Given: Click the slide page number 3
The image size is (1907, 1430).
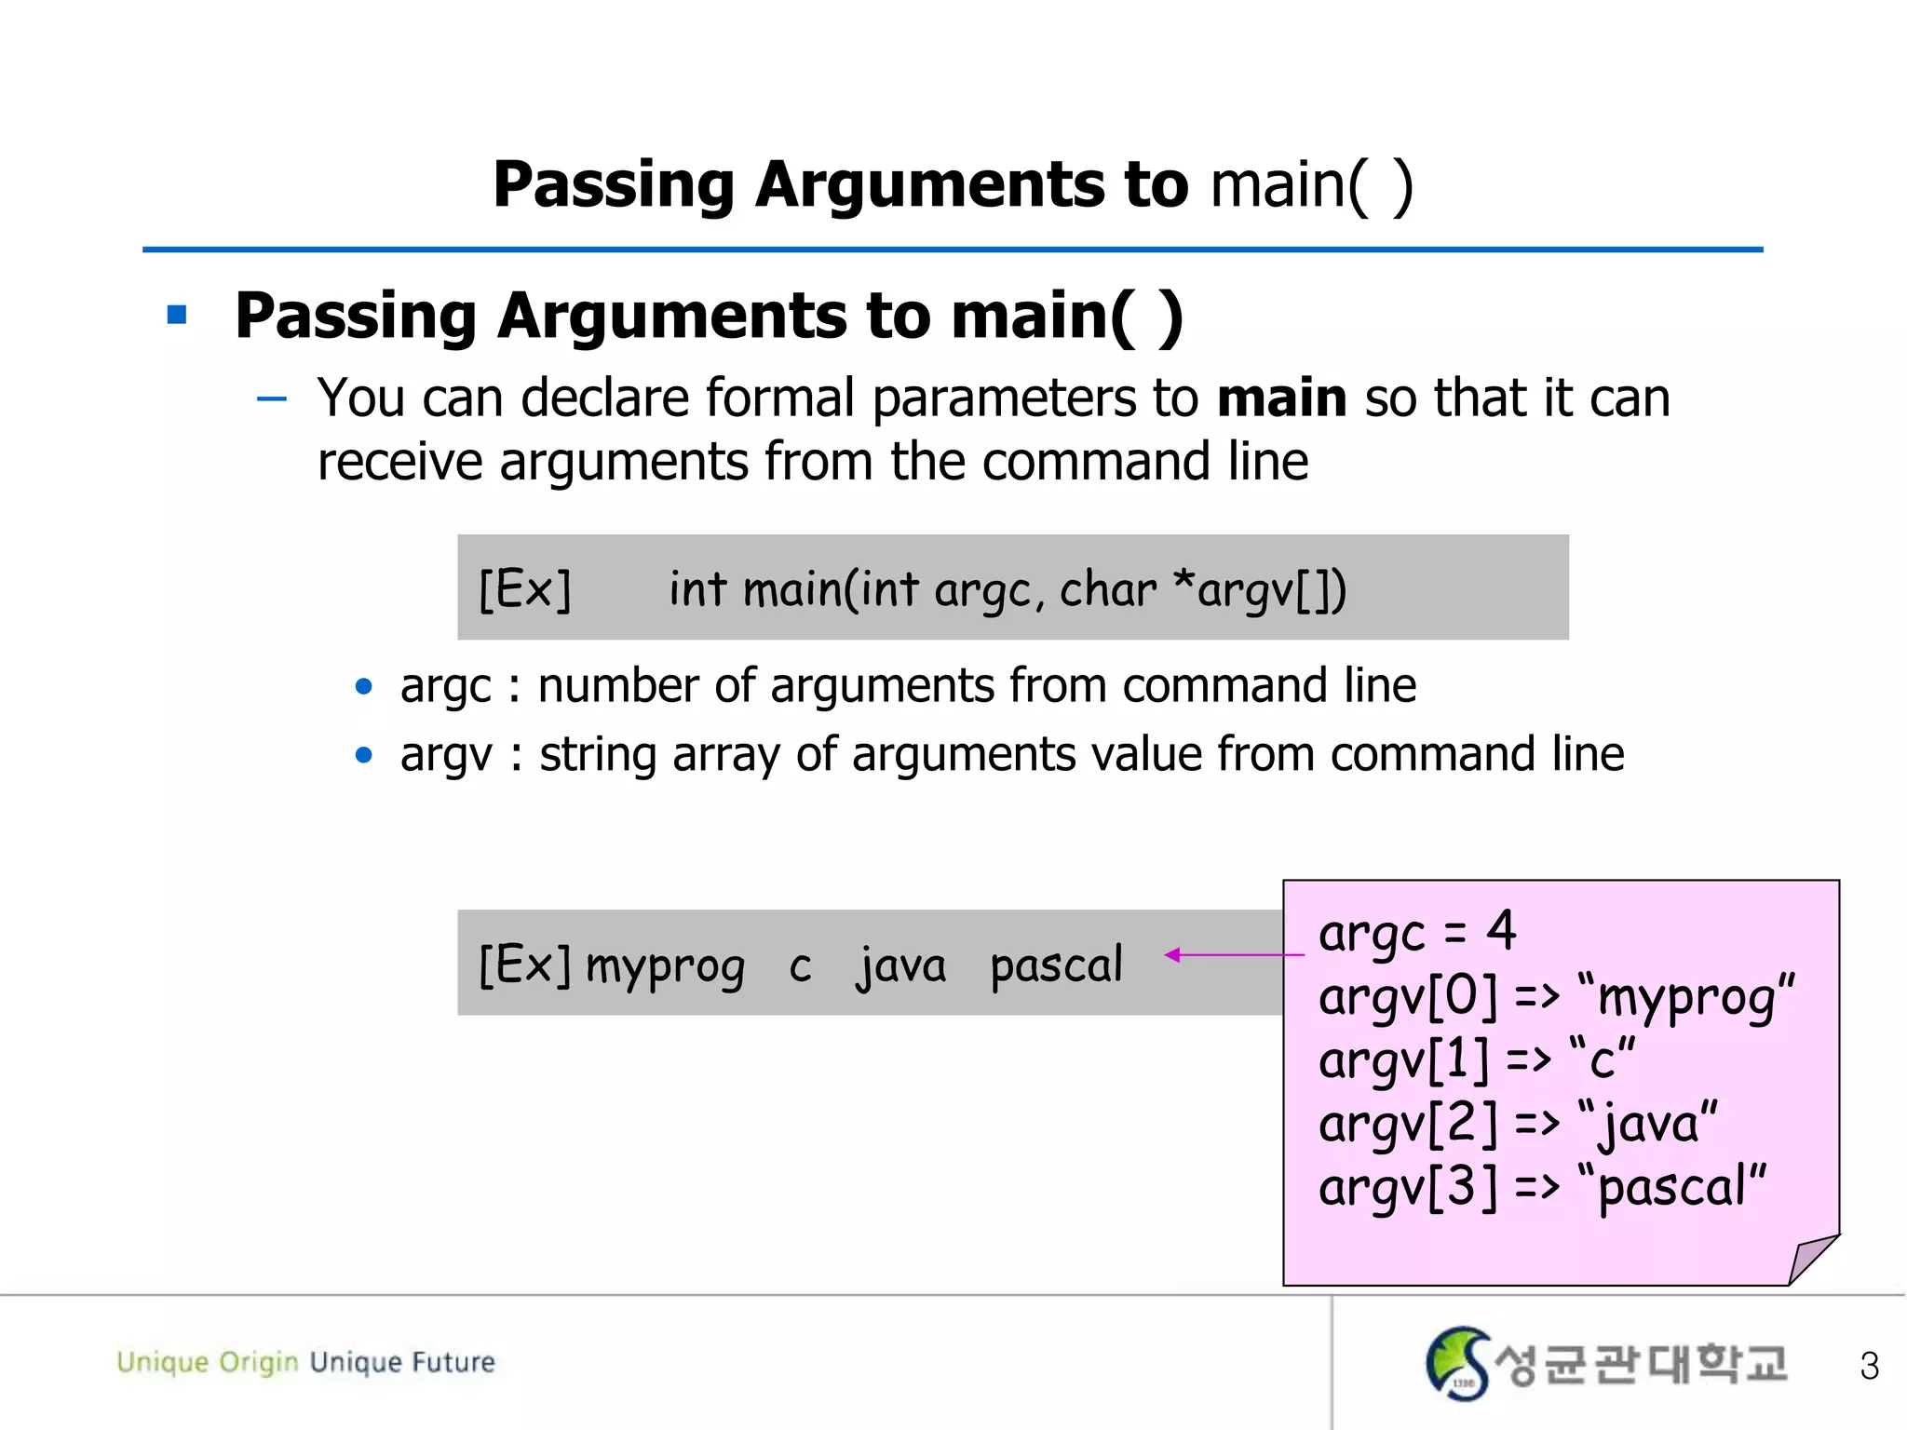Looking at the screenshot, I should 1869,1366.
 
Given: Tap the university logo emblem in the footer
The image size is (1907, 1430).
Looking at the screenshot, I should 1457,1363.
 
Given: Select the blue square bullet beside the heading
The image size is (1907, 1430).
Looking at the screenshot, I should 177,316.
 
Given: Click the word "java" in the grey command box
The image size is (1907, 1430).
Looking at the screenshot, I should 900,965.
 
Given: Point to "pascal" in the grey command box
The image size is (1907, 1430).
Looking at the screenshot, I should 1056,965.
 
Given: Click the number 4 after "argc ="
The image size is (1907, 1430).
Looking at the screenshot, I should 1501,930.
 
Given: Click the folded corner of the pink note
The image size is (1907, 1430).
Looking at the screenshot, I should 1810,1259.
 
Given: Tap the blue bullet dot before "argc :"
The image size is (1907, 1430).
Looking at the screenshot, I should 364,687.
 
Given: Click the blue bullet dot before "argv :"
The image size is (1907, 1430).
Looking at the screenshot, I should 364,755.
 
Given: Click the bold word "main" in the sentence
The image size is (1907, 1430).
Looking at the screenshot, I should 1281,398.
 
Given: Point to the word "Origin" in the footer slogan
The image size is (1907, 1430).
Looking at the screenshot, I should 258,1362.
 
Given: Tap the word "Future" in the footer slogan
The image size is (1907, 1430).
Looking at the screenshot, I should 453,1362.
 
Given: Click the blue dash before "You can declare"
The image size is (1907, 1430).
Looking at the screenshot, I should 272,399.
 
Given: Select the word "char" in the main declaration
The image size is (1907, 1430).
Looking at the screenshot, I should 1107,589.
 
